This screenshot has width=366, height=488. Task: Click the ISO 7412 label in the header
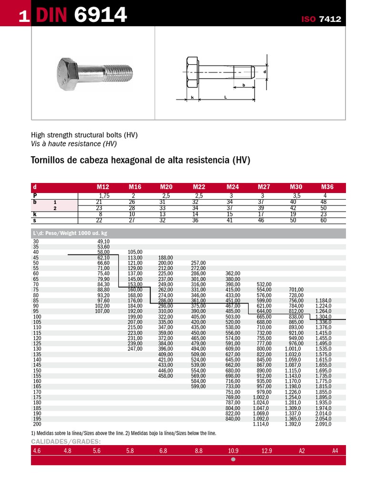(321, 19)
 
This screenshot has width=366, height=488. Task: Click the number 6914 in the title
(101, 16)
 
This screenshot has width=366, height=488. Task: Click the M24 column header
(233, 187)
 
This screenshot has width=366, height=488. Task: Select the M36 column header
(327, 187)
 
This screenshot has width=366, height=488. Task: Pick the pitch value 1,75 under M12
(104, 196)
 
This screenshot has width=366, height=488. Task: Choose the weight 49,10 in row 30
(103, 242)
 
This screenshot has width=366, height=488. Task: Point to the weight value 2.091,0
(323, 424)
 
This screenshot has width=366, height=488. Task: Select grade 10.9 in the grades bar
(233, 450)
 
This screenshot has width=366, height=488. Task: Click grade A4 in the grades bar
(335, 450)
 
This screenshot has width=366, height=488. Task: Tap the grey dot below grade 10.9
(233, 460)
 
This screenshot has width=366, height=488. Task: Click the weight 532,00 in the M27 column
(264, 285)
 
